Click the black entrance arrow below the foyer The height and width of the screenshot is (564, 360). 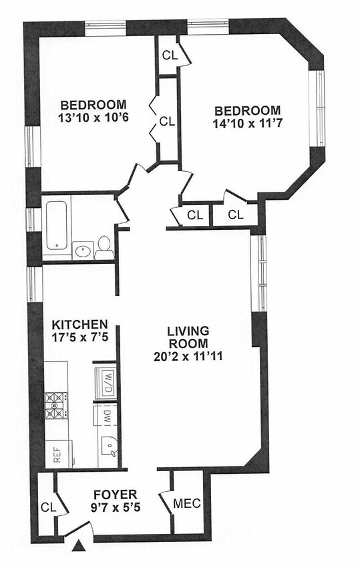pos(79,545)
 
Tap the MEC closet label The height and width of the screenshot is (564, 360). pos(187,503)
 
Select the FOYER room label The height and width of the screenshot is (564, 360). pos(115,493)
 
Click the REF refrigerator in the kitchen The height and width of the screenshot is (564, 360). pos(58,454)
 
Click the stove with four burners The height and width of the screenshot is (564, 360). pos(55,406)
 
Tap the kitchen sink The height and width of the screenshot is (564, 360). pos(109,447)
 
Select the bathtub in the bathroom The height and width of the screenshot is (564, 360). pos(57,225)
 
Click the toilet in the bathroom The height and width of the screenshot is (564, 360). pos(104,248)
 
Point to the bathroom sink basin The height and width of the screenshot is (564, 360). pos(83,251)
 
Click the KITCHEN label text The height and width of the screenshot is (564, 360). pos(80,325)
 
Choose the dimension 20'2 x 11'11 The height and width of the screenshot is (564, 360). pos(188,356)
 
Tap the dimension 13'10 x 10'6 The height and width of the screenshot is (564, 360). pos(93,118)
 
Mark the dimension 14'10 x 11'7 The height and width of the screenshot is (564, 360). pos(247,124)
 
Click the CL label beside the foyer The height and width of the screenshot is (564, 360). pos(49,507)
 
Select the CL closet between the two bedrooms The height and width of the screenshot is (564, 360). pos(167,121)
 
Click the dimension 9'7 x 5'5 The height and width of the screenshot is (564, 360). pos(116,507)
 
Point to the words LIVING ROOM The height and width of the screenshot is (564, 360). pos(188,337)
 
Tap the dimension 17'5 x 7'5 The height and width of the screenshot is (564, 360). pos(80,337)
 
